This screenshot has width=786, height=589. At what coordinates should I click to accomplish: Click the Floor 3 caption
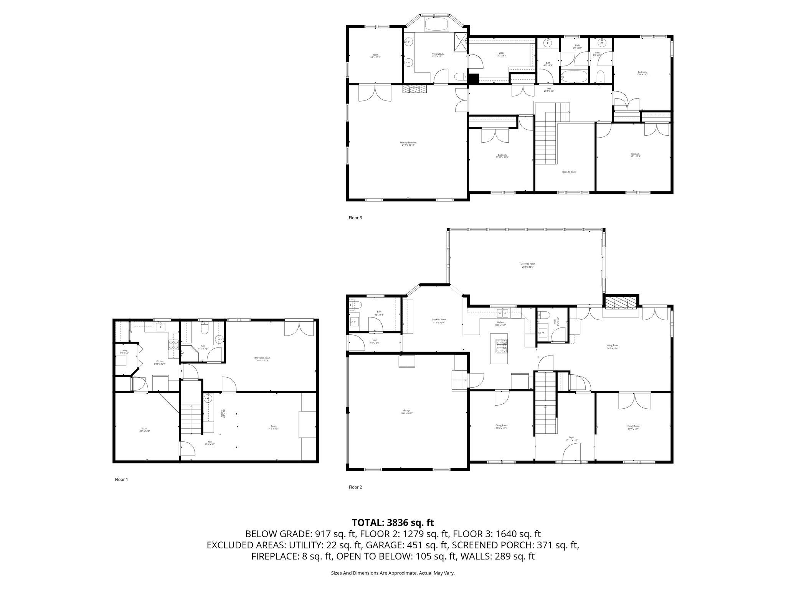tap(355, 218)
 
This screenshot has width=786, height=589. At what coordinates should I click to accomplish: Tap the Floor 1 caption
tap(122, 479)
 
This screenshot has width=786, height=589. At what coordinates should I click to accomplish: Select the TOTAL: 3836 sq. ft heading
tap(393, 522)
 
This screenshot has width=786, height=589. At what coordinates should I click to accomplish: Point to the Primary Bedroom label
tap(408, 144)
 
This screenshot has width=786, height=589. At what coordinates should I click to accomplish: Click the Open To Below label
tap(569, 172)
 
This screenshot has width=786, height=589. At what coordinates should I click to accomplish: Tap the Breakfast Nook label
tap(438, 321)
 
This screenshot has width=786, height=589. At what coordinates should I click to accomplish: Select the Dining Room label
tap(501, 426)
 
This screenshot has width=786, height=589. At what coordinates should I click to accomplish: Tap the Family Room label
tap(634, 427)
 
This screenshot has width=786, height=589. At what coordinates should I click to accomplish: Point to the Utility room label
tap(124, 351)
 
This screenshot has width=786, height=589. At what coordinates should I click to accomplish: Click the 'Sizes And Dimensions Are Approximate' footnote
tap(393, 573)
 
